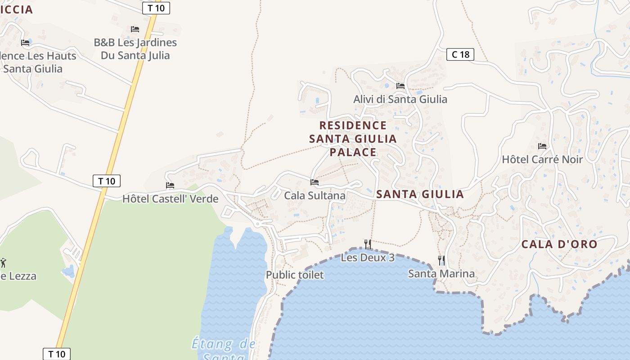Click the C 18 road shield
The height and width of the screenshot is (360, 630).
pyautogui.click(x=460, y=55)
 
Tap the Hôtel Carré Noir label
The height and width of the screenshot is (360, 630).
pyautogui.click(x=542, y=159)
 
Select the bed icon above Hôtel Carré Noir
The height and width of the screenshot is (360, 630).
pyautogui.click(x=542, y=146)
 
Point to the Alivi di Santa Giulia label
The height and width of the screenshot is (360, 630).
pyautogui.click(x=400, y=99)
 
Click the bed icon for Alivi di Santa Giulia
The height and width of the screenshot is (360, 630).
pyautogui.click(x=400, y=86)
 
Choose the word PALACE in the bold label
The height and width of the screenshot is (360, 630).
pyautogui.click(x=353, y=152)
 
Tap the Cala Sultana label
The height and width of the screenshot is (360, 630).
pyautogui.click(x=315, y=196)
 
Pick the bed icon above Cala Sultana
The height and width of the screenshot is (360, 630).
pyautogui.click(x=315, y=182)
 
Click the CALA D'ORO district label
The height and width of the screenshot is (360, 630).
pyautogui.click(x=559, y=244)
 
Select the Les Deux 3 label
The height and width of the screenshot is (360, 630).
pyautogui.click(x=368, y=258)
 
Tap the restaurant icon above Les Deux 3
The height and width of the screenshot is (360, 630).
pyautogui.click(x=368, y=244)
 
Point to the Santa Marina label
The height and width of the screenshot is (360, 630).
pyautogui.click(x=441, y=274)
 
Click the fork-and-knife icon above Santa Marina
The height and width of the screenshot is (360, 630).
pyautogui.click(x=441, y=260)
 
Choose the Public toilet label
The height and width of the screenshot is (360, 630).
pyautogui.click(x=295, y=275)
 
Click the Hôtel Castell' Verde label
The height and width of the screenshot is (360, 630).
pyautogui.click(x=170, y=198)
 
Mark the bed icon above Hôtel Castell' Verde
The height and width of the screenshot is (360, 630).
pyautogui.click(x=170, y=185)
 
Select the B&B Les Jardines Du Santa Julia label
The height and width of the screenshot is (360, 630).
pyautogui.click(x=135, y=49)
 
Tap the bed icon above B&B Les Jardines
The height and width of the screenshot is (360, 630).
pyautogui.click(x=135, y=29)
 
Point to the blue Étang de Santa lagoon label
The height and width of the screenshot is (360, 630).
pyautogui.click(x=224, y=349)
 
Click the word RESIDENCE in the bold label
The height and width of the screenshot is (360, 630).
pyautogui.click(x=353, y=125)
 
